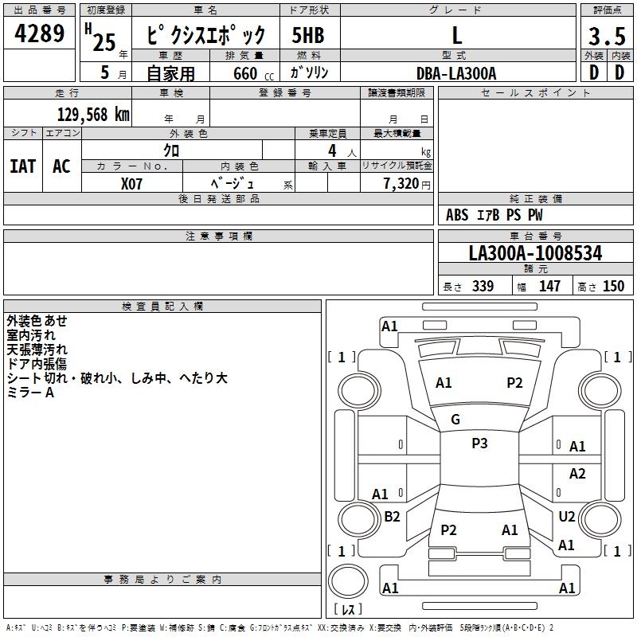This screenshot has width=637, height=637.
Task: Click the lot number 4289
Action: [39, 33]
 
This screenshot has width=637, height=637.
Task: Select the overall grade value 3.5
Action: [607, 36]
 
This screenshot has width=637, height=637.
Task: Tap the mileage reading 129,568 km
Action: [93, 115]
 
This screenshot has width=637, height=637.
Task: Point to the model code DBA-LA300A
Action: [456, 73]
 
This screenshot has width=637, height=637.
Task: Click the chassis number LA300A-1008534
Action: [535, 253]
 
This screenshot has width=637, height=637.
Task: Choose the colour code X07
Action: [131, 184]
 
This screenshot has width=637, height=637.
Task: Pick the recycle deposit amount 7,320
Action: [401, 184]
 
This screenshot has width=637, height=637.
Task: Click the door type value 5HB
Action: [308, 35]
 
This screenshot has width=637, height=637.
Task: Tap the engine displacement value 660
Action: [245, 73]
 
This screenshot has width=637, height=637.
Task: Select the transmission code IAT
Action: [23, 166]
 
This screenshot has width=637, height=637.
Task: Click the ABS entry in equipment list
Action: [457, 215]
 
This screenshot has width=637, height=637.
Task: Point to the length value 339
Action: [483, 286]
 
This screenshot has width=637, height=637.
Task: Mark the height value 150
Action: [613, 286]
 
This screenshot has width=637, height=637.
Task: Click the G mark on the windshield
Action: [455, 420]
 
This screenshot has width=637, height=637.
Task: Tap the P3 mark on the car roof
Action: [479, 444]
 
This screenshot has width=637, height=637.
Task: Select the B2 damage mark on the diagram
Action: [392, 516]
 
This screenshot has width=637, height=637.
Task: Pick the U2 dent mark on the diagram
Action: [567, 516]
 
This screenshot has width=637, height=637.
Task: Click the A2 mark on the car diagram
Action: [577, 473]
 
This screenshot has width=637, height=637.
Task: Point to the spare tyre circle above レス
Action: [348, 581]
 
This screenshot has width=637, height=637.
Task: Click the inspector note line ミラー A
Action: [30, 393]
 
